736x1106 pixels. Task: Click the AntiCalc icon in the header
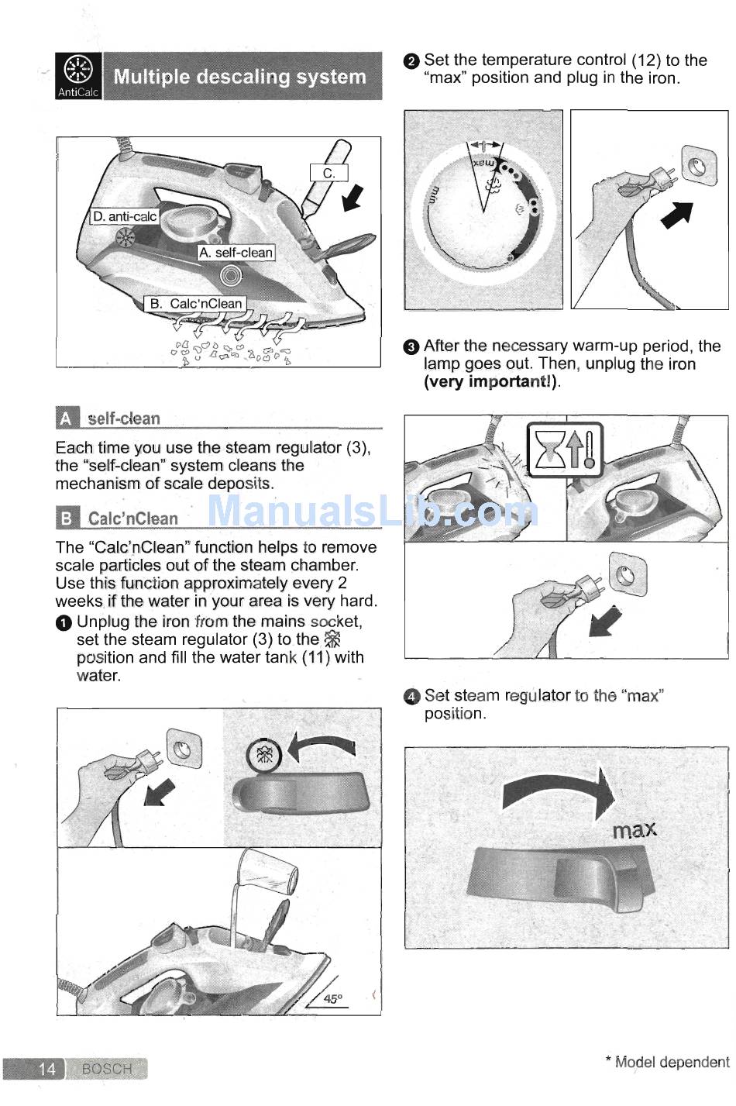pos(78,75)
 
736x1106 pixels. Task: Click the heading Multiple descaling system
pos(240,77)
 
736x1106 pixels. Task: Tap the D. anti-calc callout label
pos(125,216)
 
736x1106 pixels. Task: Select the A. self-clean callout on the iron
pos(236,253)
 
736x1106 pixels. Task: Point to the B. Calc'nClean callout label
pos(196,303)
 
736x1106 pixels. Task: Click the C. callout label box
pos(328,174)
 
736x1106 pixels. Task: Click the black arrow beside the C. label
pos(353,198)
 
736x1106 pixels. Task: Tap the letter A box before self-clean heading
pos(67,419)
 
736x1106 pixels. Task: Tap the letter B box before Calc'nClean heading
pos(67,518)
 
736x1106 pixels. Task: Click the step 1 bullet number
pos(64,623)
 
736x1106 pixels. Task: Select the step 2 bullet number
pos(411,62)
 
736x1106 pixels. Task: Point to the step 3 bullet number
pos(411,347)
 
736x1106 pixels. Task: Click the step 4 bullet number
pos(411,697)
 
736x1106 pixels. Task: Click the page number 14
pos(47,1069)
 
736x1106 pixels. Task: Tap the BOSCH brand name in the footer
pos(107,1069)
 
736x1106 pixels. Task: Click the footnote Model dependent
pos(668,1062)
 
